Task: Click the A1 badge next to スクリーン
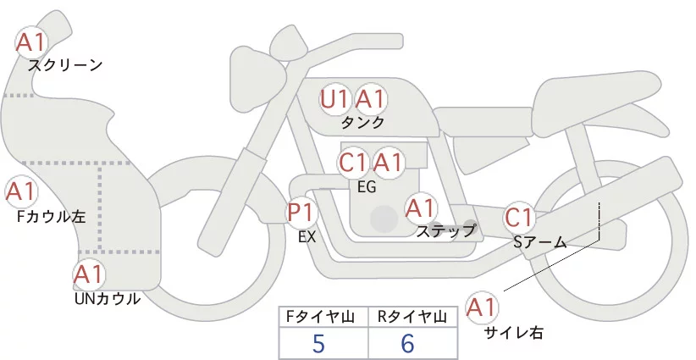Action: coord(33,41)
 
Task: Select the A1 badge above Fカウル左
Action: coord(20,192)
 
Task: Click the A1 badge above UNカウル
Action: coord(88,274)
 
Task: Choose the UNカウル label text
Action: coord(107,299)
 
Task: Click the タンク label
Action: coord(363,123)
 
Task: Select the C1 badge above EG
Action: coord(352,162)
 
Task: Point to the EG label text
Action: coord(367,186)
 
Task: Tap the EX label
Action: coord(307,237)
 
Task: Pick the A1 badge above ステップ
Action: coord(420,207)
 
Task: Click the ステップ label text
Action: coord(446,230)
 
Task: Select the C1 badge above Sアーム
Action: coord(518,218)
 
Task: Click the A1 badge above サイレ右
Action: coord(483,307)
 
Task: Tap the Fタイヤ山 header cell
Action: coord(324,317)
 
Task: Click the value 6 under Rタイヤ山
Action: coord(407,344)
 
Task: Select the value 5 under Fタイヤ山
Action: coord(318,344)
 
